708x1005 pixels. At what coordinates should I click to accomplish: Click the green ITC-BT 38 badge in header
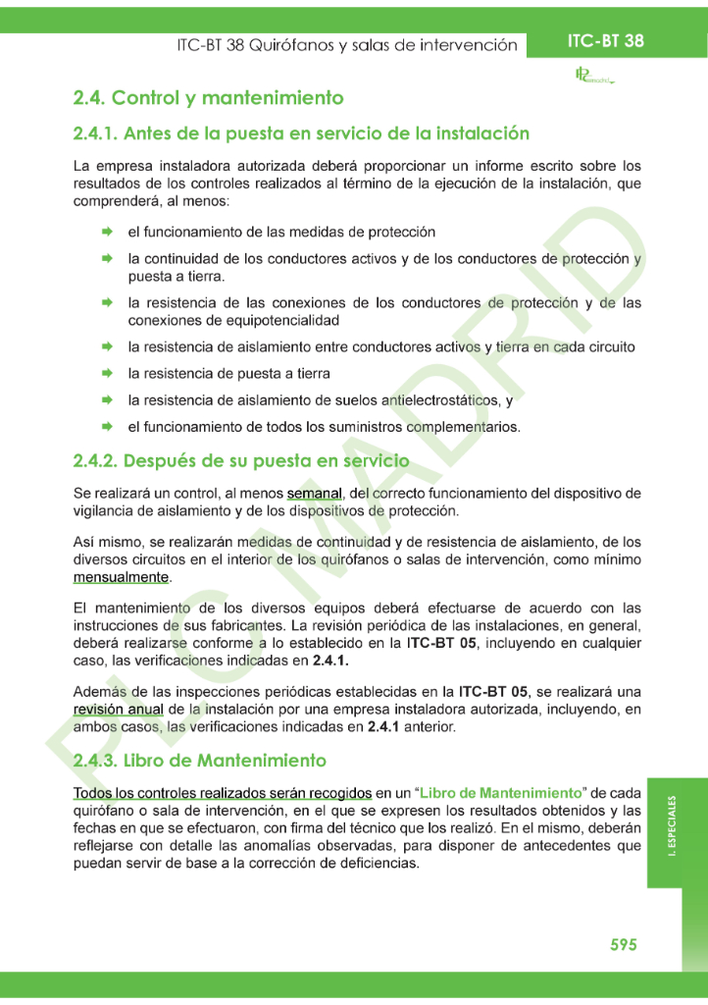pos(605,41)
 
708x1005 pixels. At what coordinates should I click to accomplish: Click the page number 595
pos(624,944)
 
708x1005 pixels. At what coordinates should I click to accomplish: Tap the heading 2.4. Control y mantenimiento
pos(208,98)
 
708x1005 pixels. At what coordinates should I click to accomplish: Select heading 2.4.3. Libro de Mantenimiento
pos(200,761)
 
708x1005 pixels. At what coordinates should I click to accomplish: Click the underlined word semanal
pos(314,493)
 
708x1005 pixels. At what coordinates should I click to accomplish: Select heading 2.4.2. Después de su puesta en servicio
pos(241,460)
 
